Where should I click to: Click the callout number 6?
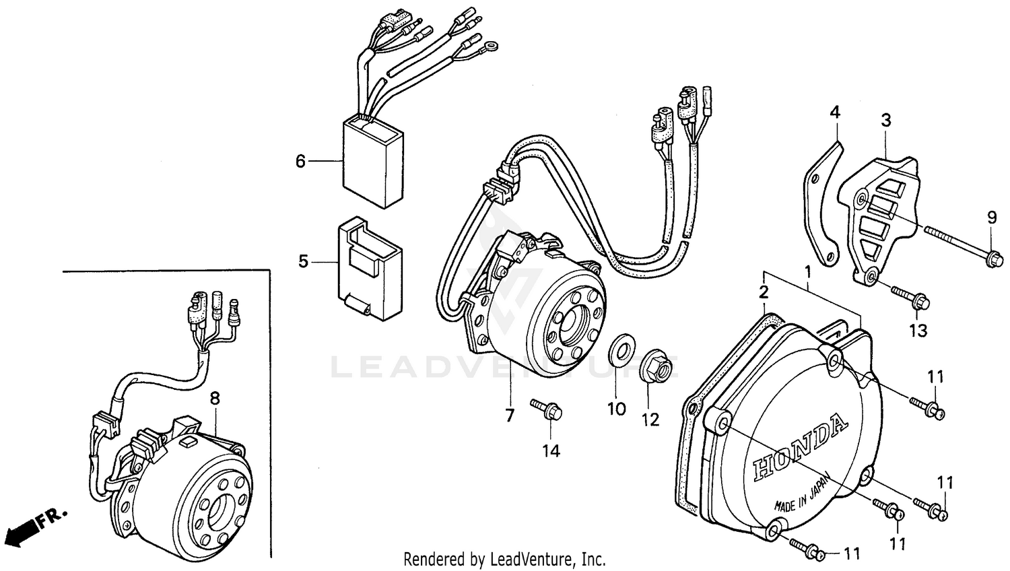click(x=300, y=161)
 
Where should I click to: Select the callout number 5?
click(x=303, y=261)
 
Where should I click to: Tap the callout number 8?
click(x=215, y=399)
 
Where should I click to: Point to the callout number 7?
click(x=510, y=415)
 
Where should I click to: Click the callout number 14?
click(x=551, y=451)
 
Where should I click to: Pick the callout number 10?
click(x=617, y=409)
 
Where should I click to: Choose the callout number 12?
click(x=650, y=419)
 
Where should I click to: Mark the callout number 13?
click(x=918, y=331)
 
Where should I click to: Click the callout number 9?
click(x=992, y=217)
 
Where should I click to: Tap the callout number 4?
click(x=835, y=112)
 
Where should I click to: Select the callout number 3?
click(x=886, y=121)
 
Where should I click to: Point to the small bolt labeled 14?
click(x=547, y=408)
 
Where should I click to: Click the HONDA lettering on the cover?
click(x=799, y=448)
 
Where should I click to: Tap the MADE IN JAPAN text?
click(x=807, y=497)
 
